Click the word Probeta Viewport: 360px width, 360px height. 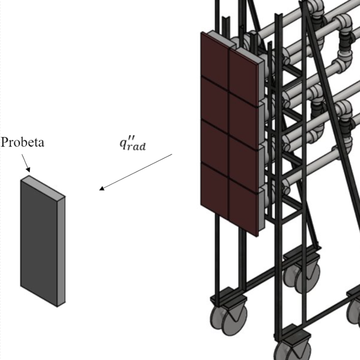click(23, 143)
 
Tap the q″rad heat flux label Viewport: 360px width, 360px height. click(132, 143)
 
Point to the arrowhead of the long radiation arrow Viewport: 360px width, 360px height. click(101, 189)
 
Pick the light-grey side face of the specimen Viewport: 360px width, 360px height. click(61, 250)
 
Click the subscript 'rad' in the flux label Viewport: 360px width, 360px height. click(137, 146)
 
